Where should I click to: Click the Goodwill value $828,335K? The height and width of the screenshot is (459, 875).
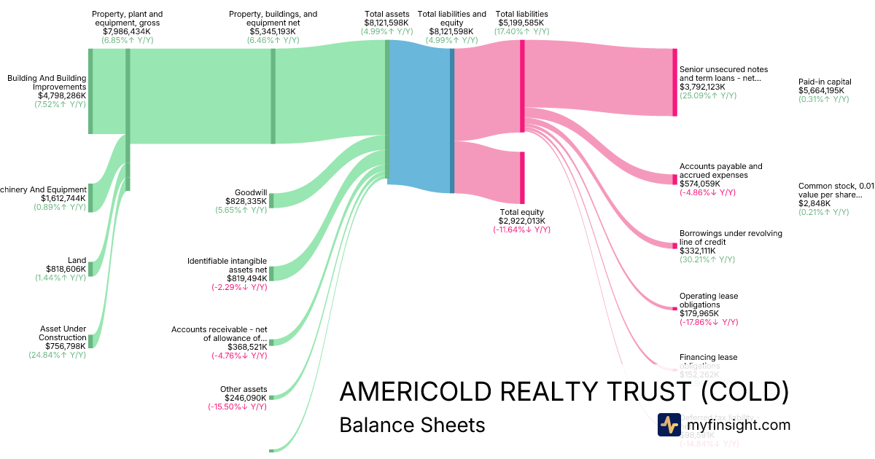click(x=246, y=201)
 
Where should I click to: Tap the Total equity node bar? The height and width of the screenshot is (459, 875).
click(x=522, y=177)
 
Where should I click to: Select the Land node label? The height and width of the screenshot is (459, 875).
click(x=77, y=260)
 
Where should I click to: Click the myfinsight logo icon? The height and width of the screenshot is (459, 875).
click(x=669, y=425)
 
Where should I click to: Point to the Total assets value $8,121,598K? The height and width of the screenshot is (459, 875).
click(x=386, y=23)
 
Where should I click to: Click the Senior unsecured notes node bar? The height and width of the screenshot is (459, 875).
click(x=674, y=82)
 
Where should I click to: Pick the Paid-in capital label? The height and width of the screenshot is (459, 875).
click(x=825, y=82)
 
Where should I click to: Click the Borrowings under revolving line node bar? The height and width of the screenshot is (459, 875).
click(x=674, y=246)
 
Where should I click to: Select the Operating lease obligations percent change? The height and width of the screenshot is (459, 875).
click(x=709, y=322)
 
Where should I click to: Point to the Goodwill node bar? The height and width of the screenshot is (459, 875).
click(x=271, y=200)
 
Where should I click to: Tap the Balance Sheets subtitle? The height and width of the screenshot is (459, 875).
click(x=412, y=425)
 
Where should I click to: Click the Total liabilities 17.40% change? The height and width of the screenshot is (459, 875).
click(x=521, y=31)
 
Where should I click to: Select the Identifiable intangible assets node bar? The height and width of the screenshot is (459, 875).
click(x=271, y=273)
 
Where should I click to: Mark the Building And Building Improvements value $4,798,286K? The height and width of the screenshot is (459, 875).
click(x=62, y=95)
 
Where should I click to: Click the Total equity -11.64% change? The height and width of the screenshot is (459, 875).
click(x=521, y=229)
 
